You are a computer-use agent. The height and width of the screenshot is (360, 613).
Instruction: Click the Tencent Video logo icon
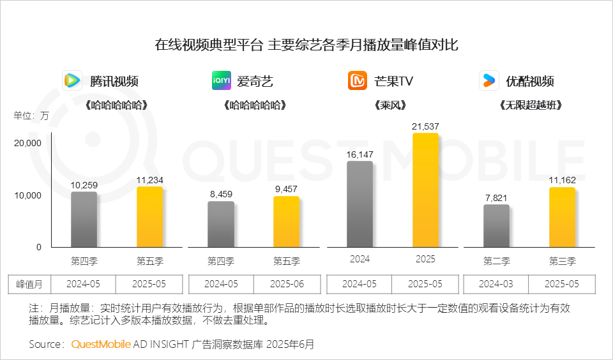pyautogui.click(x=72, y=81)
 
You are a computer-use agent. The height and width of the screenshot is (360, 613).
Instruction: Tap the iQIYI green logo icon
pyautogui.click(x=222, y=81)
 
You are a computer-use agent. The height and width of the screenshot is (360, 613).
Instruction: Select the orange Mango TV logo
pyautogui.click(x=358, y=81)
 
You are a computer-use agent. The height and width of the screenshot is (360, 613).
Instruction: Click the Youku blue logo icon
pyautogui.click(x=489, y=81)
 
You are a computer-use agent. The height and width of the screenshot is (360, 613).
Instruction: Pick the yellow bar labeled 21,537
pyautogui.click(x=425, y=190)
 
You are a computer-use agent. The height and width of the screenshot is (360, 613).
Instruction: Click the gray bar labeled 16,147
pyautogui.click(x=359, y=204)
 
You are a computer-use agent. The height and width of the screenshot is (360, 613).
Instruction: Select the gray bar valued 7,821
pyautogui.click(x=496, y=226)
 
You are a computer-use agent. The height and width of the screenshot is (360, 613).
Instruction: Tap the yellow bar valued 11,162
pyautogui.click(x=562, y=217)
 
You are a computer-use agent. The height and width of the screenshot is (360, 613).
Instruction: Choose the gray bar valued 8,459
pyautogui.click(x=221, y=224)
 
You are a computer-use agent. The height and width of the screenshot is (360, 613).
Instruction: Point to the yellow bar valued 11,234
pyautogui.click(x=150, y=217)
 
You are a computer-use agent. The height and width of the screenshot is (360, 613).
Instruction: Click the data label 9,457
pyautogui.click(x=287, y=189)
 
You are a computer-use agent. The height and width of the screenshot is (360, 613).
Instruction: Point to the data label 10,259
pyautogui.click(x=84, y=184)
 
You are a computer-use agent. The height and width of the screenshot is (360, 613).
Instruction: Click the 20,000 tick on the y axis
pyautogui.click(x=29, y=143)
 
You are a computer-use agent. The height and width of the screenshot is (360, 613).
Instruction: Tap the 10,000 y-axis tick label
pyautogui.click(x=29, y=195)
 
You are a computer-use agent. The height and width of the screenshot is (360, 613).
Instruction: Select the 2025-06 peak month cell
pyautogui.click(x=287, y=284)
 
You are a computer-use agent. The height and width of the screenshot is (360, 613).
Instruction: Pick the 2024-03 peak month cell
pyautogui.click(x=496, y=284)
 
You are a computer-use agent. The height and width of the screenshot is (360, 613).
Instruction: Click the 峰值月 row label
pyautogui.click(x=29, y=284)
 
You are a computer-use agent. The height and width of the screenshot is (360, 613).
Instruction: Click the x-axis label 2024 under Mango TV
pyautogui.click(x=359, y=260)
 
